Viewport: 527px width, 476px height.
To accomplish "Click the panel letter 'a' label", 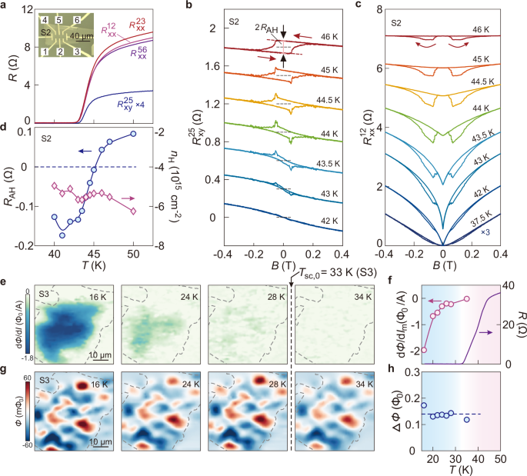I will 6,6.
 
